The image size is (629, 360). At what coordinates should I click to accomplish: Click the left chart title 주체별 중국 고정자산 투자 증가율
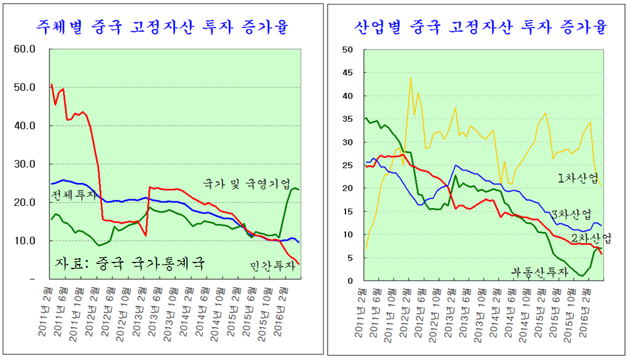163,27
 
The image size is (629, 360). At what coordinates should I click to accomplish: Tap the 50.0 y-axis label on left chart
30,88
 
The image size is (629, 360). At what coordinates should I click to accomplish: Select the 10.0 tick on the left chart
30,241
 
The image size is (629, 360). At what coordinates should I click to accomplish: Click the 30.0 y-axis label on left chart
30,165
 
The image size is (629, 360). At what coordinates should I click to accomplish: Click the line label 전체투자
73,195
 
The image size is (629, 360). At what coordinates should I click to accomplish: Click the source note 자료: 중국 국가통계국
129,263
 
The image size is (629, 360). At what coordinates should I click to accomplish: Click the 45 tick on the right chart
348,73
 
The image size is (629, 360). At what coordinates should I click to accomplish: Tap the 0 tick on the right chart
351,281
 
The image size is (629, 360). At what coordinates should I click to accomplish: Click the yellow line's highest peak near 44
411,78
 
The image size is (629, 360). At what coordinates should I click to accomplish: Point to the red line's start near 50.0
51,84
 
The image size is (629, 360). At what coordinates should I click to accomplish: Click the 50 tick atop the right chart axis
348,50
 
